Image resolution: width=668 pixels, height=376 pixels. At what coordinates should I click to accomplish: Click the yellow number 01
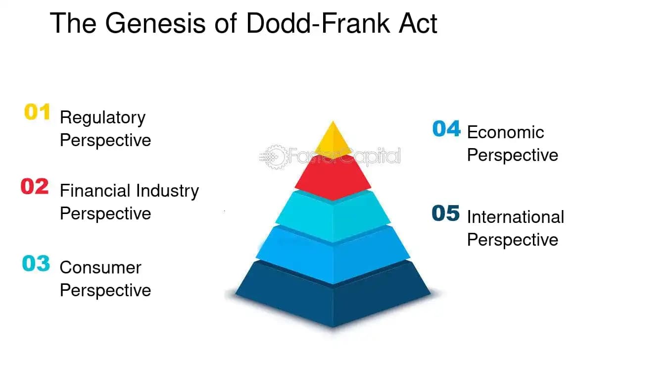[37, 112]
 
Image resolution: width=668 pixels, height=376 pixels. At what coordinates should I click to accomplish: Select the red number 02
[35, 187]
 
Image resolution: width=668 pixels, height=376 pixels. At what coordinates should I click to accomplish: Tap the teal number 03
[36, 263]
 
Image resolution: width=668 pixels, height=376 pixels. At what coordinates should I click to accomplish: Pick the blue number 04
[446, 129]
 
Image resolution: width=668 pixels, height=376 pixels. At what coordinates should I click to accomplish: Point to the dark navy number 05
[446, 214]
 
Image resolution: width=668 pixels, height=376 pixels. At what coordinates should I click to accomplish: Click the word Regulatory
[102, 118]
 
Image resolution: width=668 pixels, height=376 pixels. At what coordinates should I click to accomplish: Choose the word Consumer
[100, 268]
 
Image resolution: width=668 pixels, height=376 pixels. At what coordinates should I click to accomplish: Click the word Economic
[505, 132]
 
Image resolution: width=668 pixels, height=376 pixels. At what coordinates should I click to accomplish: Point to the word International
[516, 217]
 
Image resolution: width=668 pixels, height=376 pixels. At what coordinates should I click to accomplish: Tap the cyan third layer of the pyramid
[333, 215]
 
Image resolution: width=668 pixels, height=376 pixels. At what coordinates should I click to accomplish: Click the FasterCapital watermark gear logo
[274, 157]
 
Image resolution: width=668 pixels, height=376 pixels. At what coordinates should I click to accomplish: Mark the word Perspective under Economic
[513, 155]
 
